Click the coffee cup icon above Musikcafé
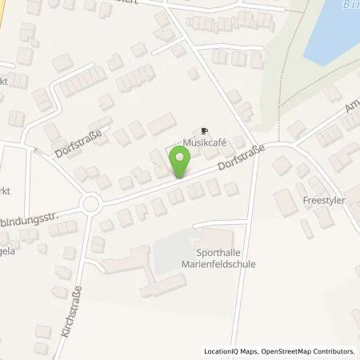coord(204,130)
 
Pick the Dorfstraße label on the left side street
coord(74,144)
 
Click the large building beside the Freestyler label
coord(286,202)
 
